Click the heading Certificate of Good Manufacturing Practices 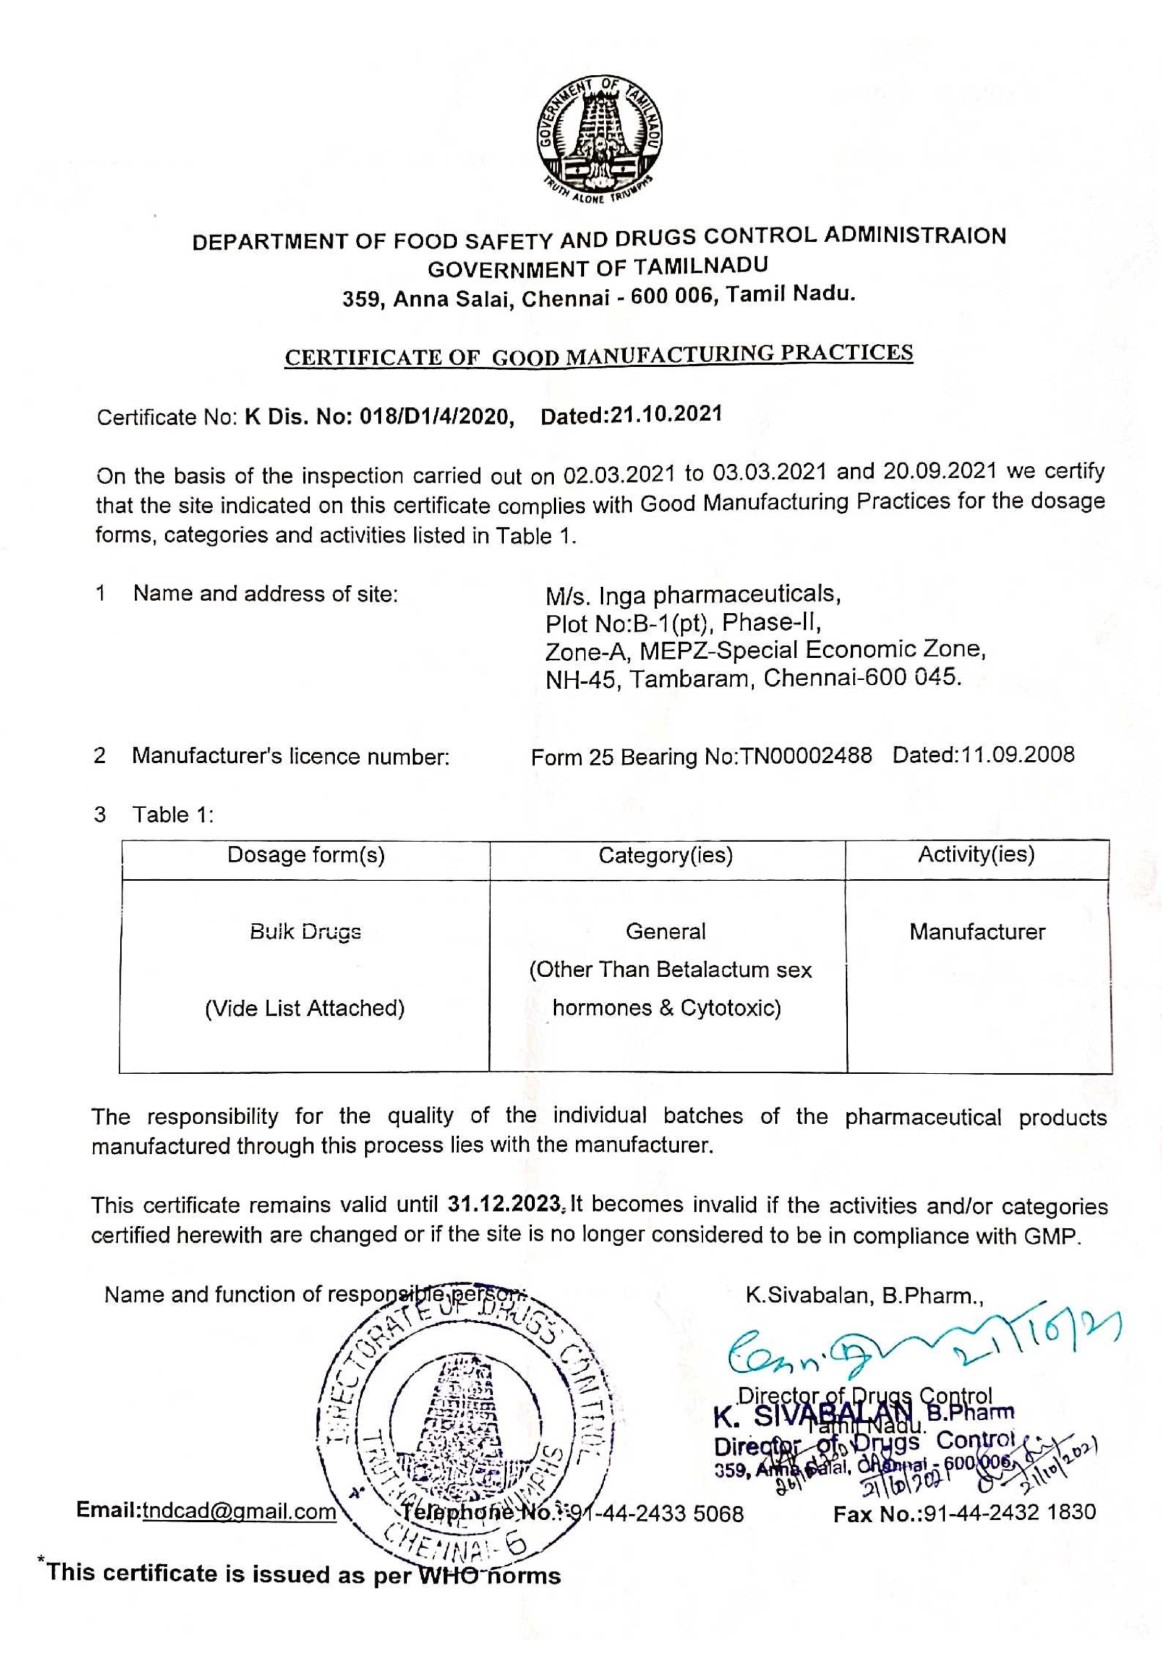pos(598,355)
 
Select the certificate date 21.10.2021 pos(666,415)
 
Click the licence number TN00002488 pos(805,756)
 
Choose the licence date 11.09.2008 pos(1018,754)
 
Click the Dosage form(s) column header pos(305,855)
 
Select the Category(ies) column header pos(665,855)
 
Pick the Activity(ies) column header pos(976,854)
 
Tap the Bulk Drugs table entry pos(305,932)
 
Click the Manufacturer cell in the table pos(976,932)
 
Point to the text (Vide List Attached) pos(305,1008)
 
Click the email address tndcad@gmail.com pos(239,1511)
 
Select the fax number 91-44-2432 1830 pos(1009,1513)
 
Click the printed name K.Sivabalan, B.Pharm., pos(865,1296)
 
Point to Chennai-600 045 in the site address pos(862,678)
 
